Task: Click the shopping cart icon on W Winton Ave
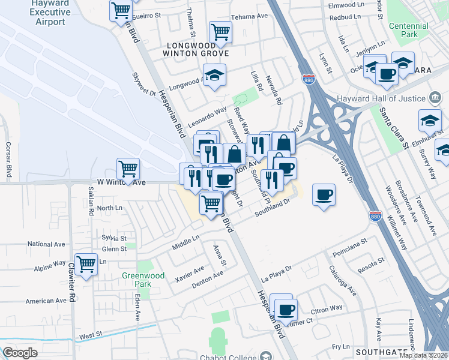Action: point(128,169)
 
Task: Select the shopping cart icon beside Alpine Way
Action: point(86,263)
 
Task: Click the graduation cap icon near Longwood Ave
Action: point(214,75)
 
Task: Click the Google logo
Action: point(20,353)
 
